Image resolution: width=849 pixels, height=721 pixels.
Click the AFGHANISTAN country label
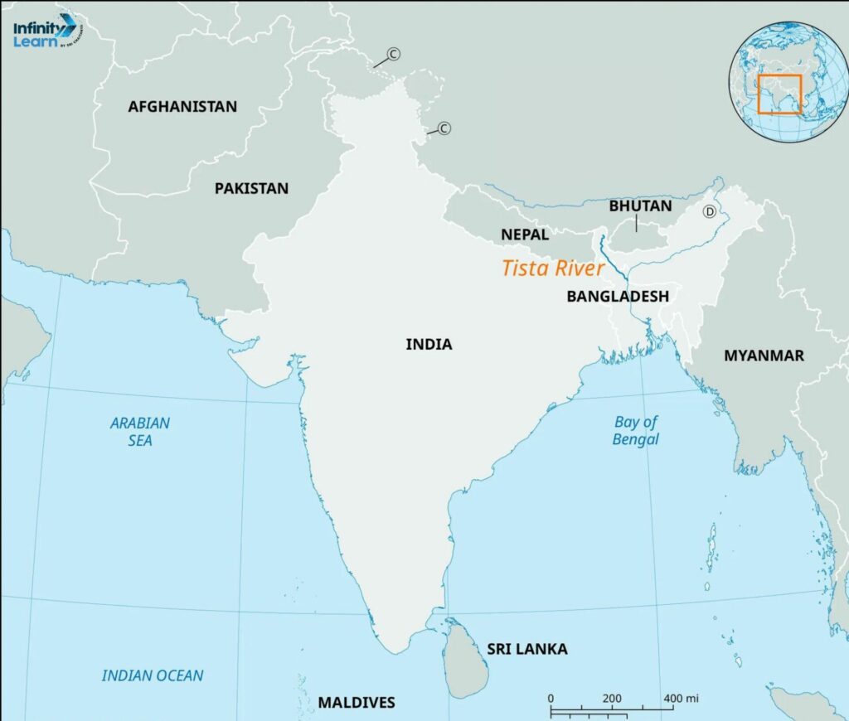coord(182,106)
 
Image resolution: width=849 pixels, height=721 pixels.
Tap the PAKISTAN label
coord(251,188)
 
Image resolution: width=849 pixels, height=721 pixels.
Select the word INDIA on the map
coord(429,344)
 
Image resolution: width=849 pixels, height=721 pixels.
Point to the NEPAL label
coord(524,235)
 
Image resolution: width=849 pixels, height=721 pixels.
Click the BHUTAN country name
coord(641,206)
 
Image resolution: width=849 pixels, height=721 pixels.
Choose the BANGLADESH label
coord(618,296)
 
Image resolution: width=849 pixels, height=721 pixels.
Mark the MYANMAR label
coord(764,356)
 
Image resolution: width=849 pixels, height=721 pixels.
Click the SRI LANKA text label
coord(527,649)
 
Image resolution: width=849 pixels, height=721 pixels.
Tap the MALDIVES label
coord(357,702)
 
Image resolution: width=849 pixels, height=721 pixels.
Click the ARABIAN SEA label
coord(140,431)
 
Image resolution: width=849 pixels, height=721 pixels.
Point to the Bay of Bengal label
coord(636,430)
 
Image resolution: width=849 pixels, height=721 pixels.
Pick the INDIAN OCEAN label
coord(153,675)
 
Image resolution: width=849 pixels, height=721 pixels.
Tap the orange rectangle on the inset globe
coord(779,94)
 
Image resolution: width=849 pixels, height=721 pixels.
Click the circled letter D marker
coord(710,211)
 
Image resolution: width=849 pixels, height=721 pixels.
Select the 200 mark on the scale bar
coord(612,698)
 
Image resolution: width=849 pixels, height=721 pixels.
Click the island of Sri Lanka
coord(463,659)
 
